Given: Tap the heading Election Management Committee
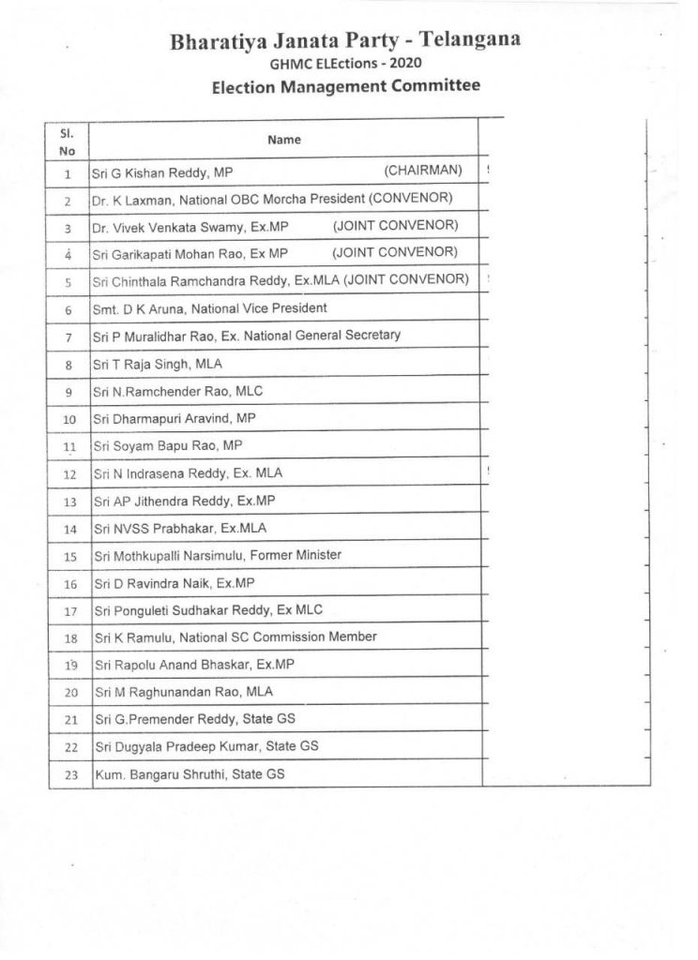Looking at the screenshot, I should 346,86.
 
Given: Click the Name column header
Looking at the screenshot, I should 284,140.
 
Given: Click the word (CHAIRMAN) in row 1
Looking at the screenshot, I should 423,170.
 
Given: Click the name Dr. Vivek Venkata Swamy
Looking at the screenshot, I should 168,226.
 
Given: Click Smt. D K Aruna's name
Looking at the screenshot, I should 145,307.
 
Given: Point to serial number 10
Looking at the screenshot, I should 68,419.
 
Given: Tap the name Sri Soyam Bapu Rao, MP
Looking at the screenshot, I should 166,446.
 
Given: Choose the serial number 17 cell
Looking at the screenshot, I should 68,612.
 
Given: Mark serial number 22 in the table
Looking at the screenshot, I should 68,749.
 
